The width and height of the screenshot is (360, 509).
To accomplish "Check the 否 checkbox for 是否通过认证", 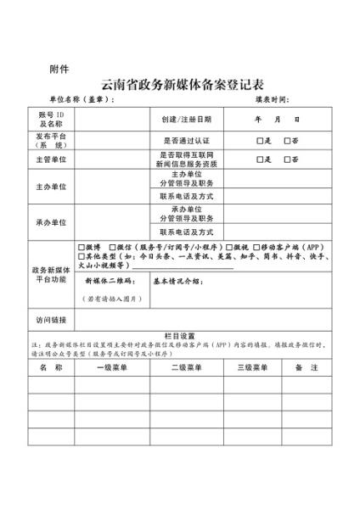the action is pos(288,140).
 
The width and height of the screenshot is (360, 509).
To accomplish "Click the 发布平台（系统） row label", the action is pos(51,140).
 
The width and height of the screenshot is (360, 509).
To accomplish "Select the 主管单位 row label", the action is pos(51,159).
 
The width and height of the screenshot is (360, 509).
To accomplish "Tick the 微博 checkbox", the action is pos(81,248).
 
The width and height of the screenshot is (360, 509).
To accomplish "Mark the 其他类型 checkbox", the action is pos(81,256).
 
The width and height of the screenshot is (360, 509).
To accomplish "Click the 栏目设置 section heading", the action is pos(179,336).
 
